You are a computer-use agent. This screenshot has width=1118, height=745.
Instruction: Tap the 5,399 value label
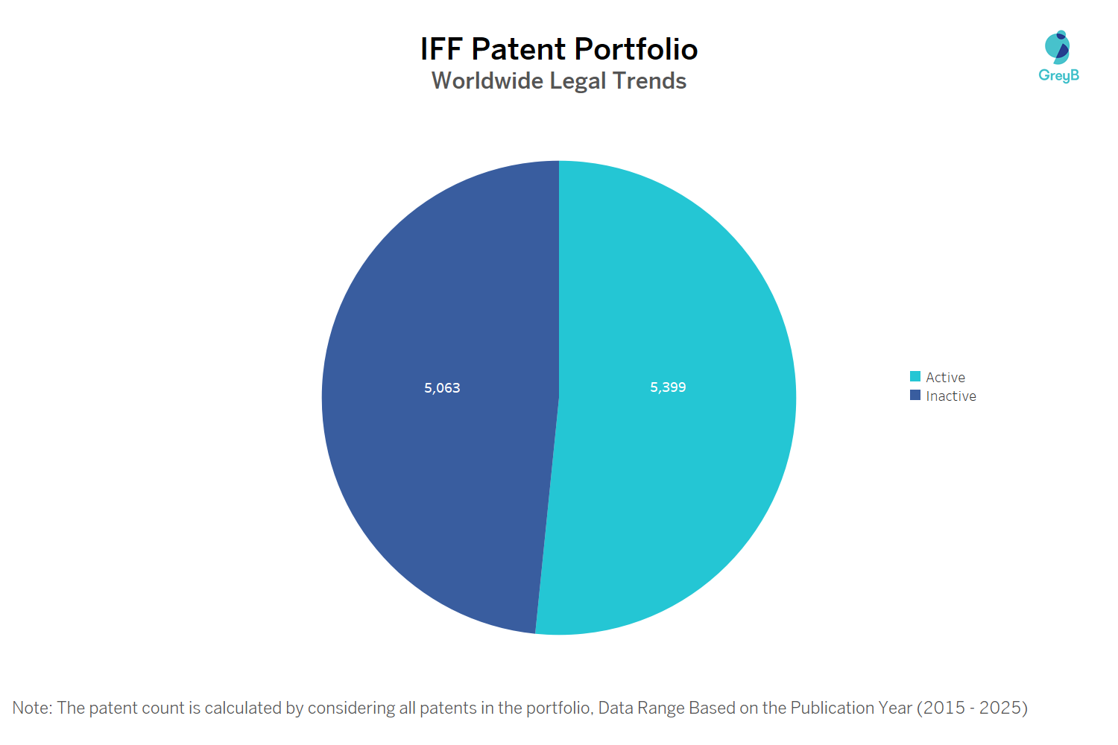[x=668, y=387]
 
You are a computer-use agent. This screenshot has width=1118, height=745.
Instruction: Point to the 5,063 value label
[x=442, y=388]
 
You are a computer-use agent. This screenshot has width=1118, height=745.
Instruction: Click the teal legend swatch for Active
[x=915, y=377]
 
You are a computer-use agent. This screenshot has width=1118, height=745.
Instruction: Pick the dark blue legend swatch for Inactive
[x=915, y=396]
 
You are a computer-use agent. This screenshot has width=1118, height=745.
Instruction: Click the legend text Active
[x=945, y=378]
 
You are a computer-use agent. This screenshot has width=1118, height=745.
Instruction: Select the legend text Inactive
[x=951, y=396]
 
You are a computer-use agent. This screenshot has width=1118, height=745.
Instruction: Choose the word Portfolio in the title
[x=636, y=50]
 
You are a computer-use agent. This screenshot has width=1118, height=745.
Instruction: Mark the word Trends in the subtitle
[x=649, y=80]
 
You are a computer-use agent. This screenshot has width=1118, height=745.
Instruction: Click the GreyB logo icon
[x=1058, y=47]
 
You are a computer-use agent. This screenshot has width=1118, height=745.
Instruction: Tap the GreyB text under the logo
[x=1058, y=75]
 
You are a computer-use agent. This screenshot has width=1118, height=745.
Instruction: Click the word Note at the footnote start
[x=31, y=708]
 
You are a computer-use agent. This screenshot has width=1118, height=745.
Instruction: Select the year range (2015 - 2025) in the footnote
[x=972, y=708]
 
